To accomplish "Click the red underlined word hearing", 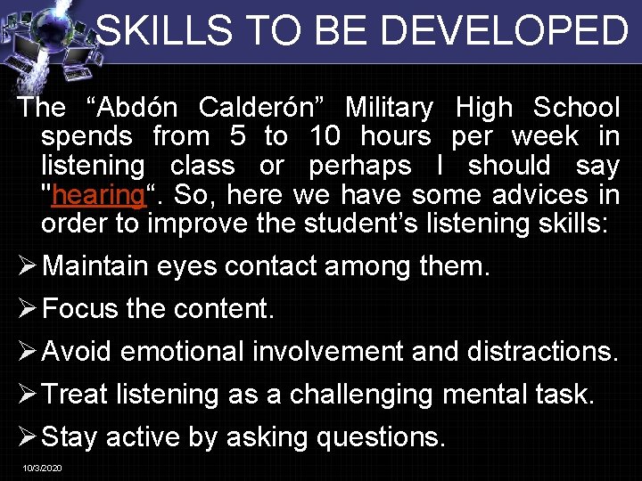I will pyautogui.click(x=97, y=195).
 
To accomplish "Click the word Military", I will pyautogui.click(x=389, y=109).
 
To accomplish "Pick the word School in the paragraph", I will pyautogui.click(x=576, y=109).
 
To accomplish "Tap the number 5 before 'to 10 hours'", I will pyautogui.click(x=235, y=137).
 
